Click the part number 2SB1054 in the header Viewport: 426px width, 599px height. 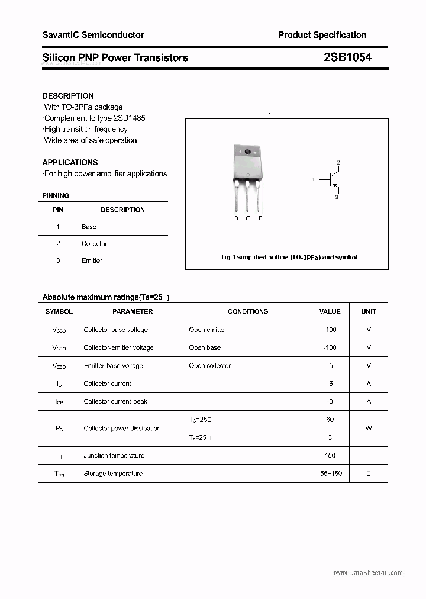[x=347, y=57]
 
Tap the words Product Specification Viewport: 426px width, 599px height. [x=322, y=35]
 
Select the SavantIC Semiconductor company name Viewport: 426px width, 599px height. [x=93, y=35]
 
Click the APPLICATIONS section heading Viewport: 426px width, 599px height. [x=70, y=162]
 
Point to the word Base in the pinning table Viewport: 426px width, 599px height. [x=89, y=227]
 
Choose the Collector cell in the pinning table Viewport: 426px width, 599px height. [x=94, y=244]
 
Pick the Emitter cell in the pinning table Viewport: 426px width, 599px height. [x=92, y=260]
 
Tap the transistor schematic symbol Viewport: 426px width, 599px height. [x=331, y=179]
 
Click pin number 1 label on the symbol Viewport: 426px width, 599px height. [x=314, y=179]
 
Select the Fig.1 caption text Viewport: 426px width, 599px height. [x=289, y=257]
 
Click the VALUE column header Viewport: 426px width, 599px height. [x=330, y=311]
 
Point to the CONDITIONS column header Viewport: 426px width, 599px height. [x=248, y=311]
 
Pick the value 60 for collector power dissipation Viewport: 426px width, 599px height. [x=330, y=419]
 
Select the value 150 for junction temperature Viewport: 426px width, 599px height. [x=330, y=455]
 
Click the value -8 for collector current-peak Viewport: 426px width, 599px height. [x=330, y=401]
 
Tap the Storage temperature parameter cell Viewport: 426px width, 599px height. [x=113, y=474]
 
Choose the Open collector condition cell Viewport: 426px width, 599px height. [x=209, y=366]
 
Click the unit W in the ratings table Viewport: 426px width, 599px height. [x=369, y=428]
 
